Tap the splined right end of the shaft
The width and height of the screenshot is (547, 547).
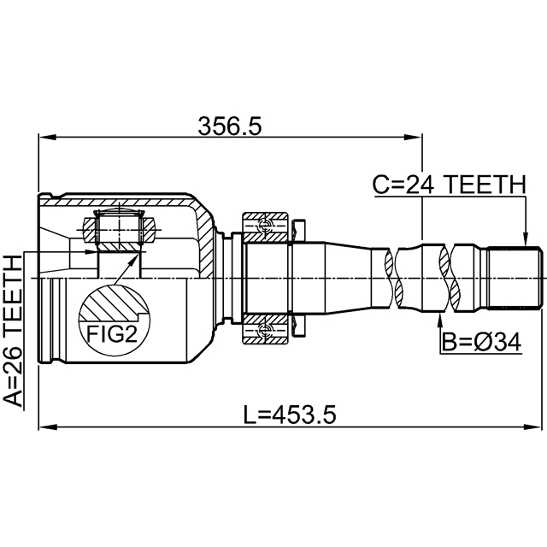(x=515, y=278)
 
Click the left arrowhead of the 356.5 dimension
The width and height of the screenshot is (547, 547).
(x=44, y=137)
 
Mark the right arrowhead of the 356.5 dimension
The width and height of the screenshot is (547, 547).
(x=416, y=137)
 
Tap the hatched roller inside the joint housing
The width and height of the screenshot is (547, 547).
(x=118, y=229)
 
